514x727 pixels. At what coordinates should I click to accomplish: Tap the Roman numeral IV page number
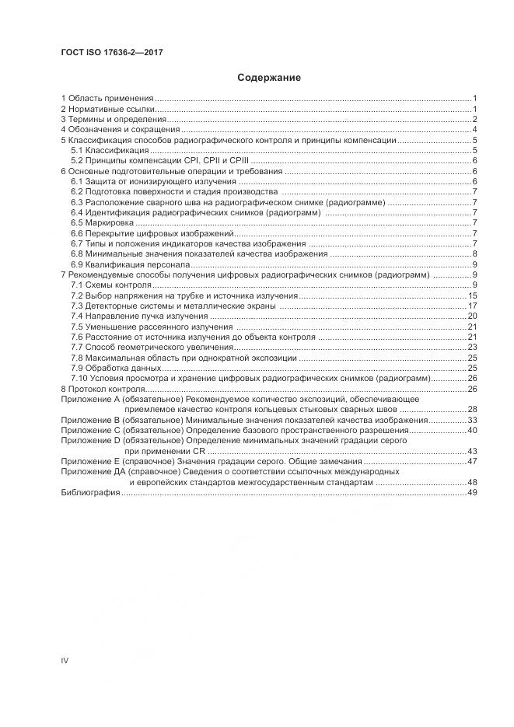[x=65, y=661]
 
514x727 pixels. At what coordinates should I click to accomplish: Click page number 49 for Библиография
[x=471, y=493]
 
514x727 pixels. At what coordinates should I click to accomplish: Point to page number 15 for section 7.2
[x=471, y=296]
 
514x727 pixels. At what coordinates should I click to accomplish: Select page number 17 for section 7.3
[x=471, y=306]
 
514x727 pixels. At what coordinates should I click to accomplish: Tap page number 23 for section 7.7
[x=471, y=348]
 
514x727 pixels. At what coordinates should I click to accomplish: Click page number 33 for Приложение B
[x=471, y=420]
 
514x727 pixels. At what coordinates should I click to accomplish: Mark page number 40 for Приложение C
[x=471, y=430]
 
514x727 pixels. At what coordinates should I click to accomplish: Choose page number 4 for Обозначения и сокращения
[x=474, y=130]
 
